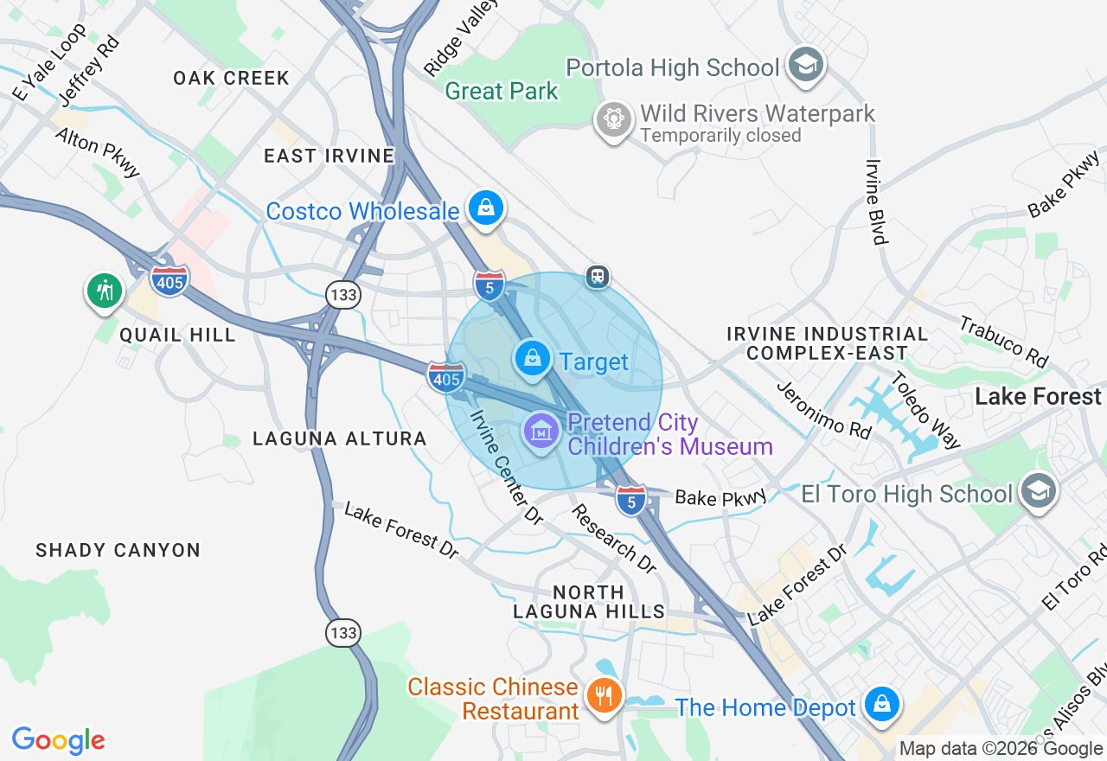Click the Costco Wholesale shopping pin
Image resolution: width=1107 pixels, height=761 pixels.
click(486, 208)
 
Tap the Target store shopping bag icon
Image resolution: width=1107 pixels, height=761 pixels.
click(533, 357)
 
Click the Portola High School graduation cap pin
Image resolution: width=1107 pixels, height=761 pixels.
click(806, 65)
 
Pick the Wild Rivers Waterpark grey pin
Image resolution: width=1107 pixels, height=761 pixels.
click(614, 118)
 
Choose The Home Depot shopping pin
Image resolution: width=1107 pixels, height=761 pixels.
click(881, 703)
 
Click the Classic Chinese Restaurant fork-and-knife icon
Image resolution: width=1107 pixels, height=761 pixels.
click(603, 694)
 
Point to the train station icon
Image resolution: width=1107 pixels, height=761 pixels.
click(597, 277)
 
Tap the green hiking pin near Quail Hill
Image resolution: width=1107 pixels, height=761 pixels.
click(105, 290)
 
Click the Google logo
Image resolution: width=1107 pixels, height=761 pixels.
click(58, 740)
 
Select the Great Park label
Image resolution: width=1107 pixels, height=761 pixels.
click(502, 91)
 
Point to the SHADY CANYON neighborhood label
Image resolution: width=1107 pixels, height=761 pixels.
click(118, 550)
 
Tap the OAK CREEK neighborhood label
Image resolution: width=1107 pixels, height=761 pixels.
click(231, 78)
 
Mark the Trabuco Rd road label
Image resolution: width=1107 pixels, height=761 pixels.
click(1004, 341)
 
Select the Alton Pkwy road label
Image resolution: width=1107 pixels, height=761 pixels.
click(98, 152)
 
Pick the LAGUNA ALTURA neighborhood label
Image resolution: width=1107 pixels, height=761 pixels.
click(339, 438)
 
